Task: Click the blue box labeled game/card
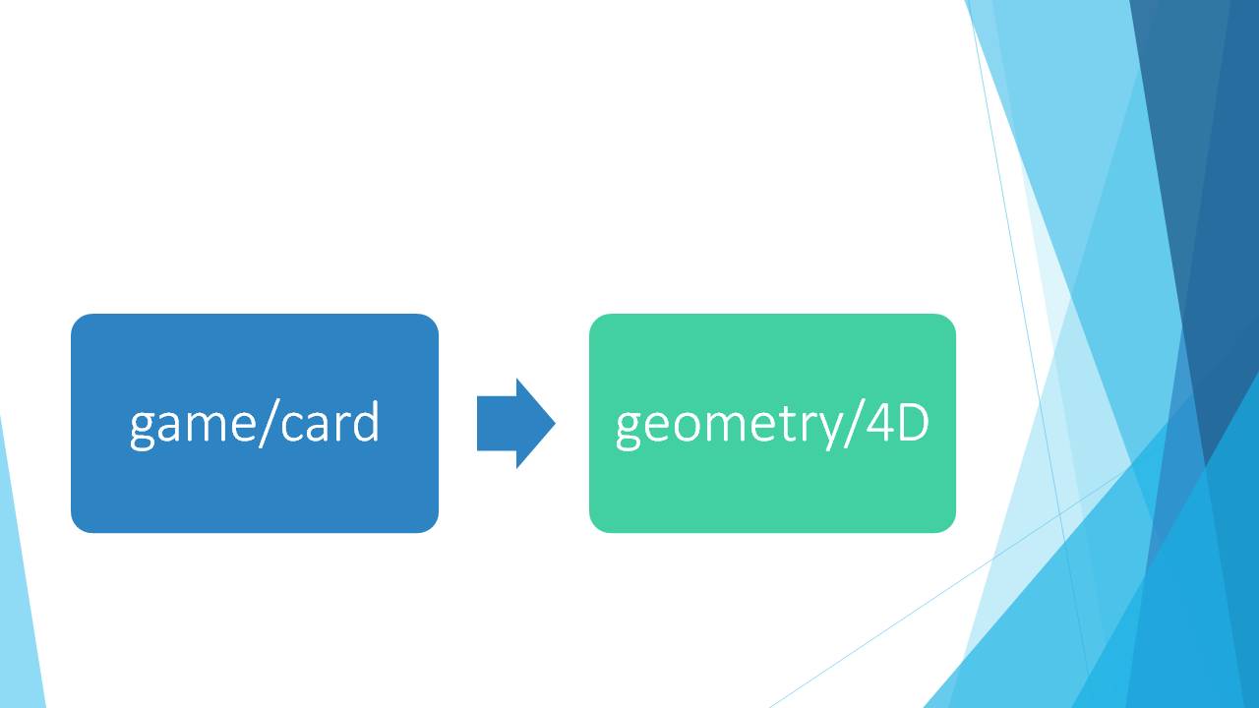click(x=255, y=423)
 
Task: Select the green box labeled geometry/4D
click(x=772, y=423)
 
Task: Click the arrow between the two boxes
click(x=516, y=423)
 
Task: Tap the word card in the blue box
click(x=330, y=422)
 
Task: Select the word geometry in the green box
click(x=729, y=427)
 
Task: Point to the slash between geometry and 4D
click(x=853, y=424)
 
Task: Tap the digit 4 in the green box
click(x=880, y=422)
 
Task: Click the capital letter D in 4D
click(x=915, y=422)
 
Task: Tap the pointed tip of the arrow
click(x=555, y=423)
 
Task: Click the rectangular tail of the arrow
click(x=497, y=423)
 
